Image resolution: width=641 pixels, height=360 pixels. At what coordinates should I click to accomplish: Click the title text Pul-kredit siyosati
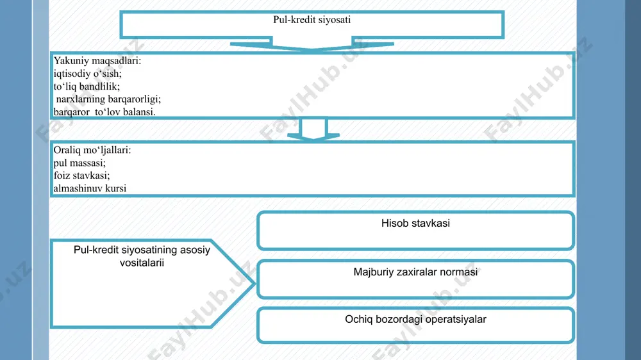(x=312, y=20)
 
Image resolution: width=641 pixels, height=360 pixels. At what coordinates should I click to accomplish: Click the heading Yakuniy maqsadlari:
(x=97, y=61)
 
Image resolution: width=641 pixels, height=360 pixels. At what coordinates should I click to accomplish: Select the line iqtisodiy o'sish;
(x=87, y=74)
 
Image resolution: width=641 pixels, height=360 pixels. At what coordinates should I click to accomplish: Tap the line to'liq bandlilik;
(x=87, y=86)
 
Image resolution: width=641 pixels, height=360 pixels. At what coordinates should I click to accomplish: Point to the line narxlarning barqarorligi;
(x=108, y=99)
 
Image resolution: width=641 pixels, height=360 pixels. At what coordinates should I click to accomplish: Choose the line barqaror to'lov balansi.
(x=104, y=111)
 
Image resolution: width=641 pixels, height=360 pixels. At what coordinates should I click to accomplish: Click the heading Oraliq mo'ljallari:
(x=92, y=150)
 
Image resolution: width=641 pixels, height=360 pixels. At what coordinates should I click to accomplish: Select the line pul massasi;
(x=79, y=163)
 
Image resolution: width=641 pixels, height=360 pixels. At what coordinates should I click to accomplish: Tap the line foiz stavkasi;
(x=82, y=176)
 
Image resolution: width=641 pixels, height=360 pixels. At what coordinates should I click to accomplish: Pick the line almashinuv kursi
(x=90, y=188)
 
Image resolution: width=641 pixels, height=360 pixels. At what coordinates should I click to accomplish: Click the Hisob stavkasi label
(x=415, y=223)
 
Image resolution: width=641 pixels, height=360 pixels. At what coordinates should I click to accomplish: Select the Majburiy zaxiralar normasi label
(x=415, y=272)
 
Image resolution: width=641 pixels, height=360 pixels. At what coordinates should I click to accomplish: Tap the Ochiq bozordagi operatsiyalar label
(x=415, y=319)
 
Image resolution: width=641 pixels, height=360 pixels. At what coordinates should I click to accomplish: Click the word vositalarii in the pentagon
(x=142, y=263)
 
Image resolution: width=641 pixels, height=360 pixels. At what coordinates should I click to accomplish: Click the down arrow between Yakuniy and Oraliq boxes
(x=313, y=129)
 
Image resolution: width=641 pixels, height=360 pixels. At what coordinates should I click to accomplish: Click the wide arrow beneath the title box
(x=312, y=44)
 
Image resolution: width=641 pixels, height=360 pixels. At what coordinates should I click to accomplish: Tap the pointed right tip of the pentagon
(x=254, y=283)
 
